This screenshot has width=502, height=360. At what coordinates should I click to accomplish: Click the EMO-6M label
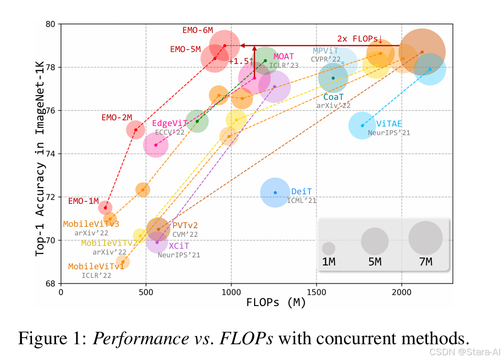[198, 30]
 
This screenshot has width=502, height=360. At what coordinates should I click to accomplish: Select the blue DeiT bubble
[275, 192]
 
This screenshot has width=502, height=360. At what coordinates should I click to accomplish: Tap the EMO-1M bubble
[105, 207]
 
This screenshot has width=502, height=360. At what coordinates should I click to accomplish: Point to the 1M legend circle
[329, 248]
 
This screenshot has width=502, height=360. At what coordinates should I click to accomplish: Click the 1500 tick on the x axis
[316, 292]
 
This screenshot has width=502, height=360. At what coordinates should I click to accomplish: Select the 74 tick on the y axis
[51, 154]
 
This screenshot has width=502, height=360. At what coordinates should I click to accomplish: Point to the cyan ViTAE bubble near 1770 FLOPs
[363, 126]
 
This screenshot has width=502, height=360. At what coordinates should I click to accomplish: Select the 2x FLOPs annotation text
[360, 39]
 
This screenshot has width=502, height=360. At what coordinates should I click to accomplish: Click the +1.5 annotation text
[240, 61]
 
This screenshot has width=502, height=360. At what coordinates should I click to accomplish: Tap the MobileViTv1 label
[96, 266]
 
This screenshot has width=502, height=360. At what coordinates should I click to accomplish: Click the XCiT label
[179, 246]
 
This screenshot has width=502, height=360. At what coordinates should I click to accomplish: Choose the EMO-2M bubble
[136, 130]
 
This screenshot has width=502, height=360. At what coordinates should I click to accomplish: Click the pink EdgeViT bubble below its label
[156, 144]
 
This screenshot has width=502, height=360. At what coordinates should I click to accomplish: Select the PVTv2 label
[185, 225]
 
